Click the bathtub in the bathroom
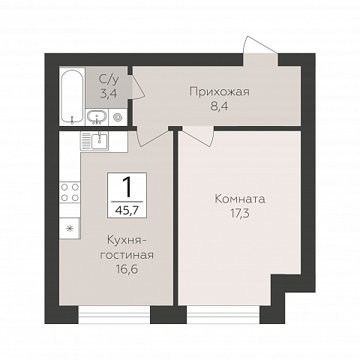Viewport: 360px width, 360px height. (x=72, y=97)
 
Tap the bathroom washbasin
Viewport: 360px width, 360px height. (x=96, y=116)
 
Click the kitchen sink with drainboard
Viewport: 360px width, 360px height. (x=96, y=139)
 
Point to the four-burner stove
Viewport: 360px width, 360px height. (x=70, y=192)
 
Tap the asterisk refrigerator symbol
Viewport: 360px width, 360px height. (x=70, y=227)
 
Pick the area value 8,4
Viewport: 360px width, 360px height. (x=218, y=106)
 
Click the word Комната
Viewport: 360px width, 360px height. (x=240, y=199)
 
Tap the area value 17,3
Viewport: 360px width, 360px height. (x=240, y=214)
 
